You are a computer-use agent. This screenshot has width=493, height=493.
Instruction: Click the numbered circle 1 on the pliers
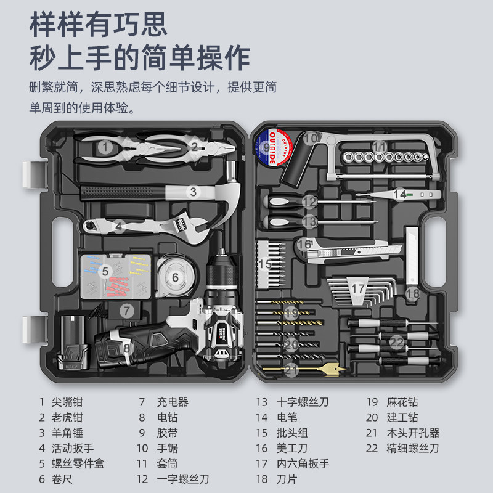coord(106,147)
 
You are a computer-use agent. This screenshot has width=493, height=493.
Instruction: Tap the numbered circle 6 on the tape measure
coord(175,277)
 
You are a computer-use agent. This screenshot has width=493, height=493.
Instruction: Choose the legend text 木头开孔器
coord(413,433)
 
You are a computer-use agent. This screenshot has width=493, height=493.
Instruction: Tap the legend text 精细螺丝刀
coord(413,448)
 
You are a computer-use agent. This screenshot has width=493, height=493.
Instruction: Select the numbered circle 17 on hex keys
coord(358,288)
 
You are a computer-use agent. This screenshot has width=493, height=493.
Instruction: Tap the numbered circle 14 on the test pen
coord(401,195)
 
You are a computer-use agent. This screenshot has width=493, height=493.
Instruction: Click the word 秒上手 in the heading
coord(65,59)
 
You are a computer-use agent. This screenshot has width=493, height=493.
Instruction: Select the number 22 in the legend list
coord(372,448)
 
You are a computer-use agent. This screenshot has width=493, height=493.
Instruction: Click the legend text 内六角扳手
coord(303,463)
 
